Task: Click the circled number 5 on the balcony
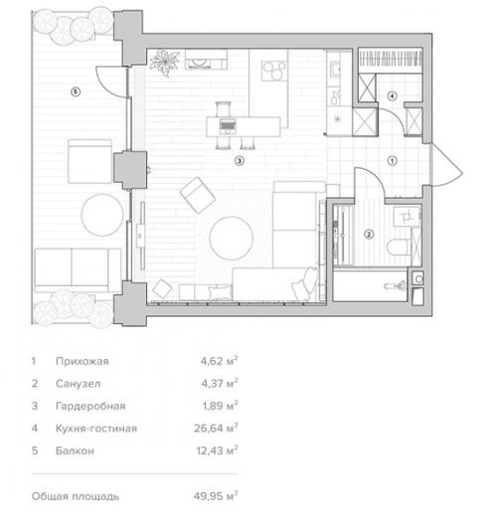[75, 91]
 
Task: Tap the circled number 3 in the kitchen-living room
[238, 159]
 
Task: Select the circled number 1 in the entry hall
[392, 159]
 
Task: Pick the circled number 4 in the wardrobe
[392, 95]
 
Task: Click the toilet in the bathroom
[400, 246]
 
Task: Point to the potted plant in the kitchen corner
[163, 63]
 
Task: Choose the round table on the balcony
[101, 213]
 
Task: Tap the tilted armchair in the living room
[196, 192]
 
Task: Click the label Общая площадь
[75, 494]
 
